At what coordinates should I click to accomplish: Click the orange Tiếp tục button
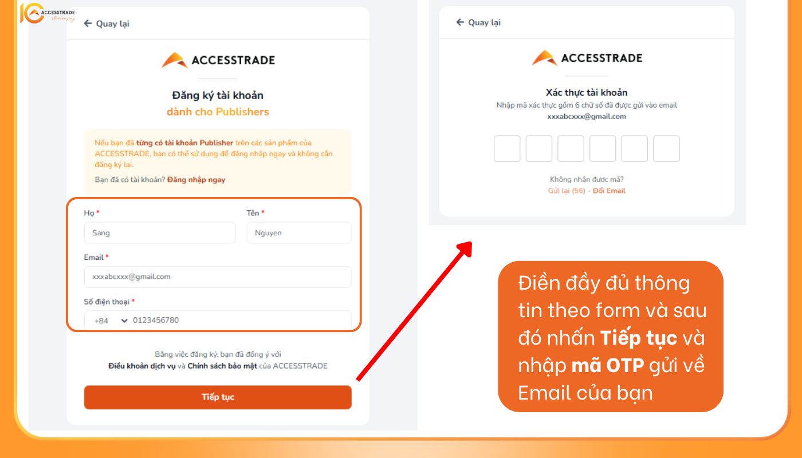click(218, 397)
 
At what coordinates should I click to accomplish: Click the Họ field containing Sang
click(160, 232)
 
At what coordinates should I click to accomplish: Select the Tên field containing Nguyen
click(299, 232)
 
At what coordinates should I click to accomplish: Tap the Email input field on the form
click(218, 277)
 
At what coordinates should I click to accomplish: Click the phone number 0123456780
click(156, 320)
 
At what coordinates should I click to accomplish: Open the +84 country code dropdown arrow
click(124, 321)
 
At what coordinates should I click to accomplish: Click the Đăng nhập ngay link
click(196, 180)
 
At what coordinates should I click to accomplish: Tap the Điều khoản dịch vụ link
click(142, 366)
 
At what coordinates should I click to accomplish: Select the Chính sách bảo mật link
click(222, 366)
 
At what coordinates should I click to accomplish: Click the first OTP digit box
click(507, 148)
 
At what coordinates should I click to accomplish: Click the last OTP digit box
click(666, 148)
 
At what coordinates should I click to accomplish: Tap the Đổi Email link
click(609, 191)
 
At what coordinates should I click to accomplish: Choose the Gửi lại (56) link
click(567, 191)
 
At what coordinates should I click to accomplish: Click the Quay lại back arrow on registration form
click(88, 23)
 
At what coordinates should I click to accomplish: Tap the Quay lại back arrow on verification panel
click(460, 22)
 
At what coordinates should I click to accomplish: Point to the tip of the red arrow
click(471, 242)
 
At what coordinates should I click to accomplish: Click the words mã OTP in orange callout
click(608, 365)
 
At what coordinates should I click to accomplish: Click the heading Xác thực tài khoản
click(587, 93)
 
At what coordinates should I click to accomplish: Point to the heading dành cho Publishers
click(218, 112)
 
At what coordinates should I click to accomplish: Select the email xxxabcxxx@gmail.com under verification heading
click(587, 117)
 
